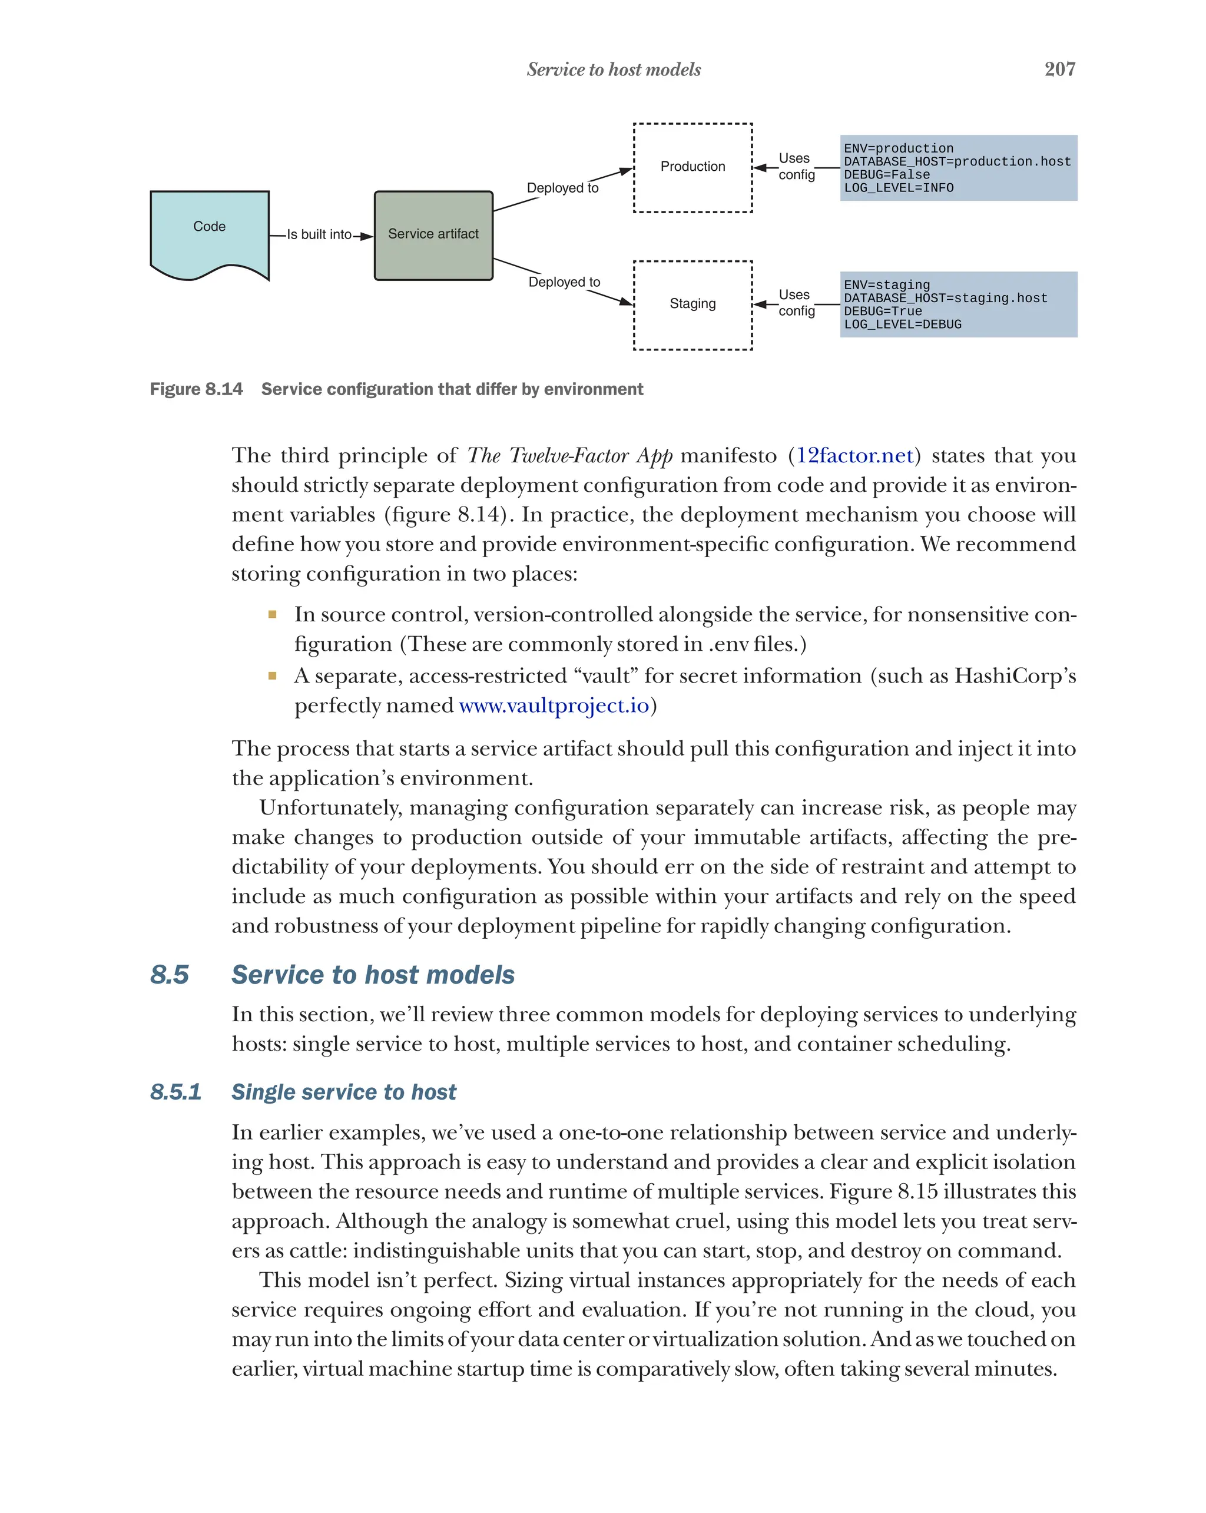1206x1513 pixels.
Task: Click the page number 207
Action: (x=1059, y=69)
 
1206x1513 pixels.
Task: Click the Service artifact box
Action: (x=433, y=234)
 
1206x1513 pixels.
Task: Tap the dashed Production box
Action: (x=692, y=167)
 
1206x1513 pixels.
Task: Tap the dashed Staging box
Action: (x=692, y=304)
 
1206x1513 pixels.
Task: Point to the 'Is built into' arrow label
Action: (x=319, y=234)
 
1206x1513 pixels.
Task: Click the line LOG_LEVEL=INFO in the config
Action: (x=898, y=188)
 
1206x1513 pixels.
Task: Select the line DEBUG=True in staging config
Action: (x=882, y=311)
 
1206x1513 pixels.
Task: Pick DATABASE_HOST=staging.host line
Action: (x=945, y=298)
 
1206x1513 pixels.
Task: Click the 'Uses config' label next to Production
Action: (x=796, y=166)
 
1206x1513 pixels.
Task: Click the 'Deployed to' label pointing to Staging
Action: (x=564, y=282)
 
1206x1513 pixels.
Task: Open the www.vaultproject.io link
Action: (x=554, y=706)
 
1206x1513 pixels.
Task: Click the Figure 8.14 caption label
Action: (x=197, y=389)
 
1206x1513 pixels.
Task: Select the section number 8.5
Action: (x=169, y=975)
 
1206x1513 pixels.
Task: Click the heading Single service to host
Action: (x=343, y=1092)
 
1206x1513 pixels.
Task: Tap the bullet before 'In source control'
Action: (x=272, y=615)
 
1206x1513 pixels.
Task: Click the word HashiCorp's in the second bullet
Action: (x=1015, y=676)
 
